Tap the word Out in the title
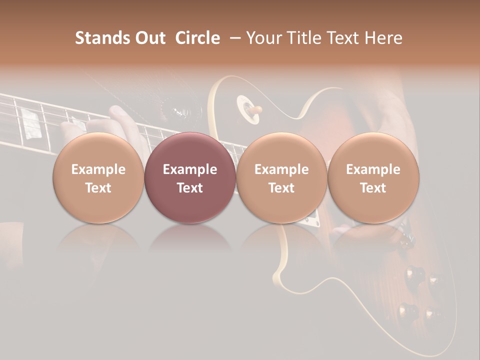pyautogui.click(x=149, y=38)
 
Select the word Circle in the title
pyautogui.click(x=197, y=38)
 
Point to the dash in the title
pyautogui.click(x=233, y=38)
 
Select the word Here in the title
pyautogui.click(x=384, y=38)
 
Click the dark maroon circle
pyautogui.click(x=190, y=178)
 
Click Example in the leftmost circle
pyautogui.click(x=98, y=169)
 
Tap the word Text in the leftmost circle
pyautogui.click(x=98, y=188)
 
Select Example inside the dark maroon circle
pyautogui.click(x=190, y=169)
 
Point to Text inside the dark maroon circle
pyautogui.click(x=190, y=188)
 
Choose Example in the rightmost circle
pyautogui.click(x=373, y=169)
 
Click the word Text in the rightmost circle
pyautogui.click(x=373, y=188)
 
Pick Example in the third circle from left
pyautogui.click(x=281, y=169)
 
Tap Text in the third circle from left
pyautogui.click(x=281, y=188)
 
